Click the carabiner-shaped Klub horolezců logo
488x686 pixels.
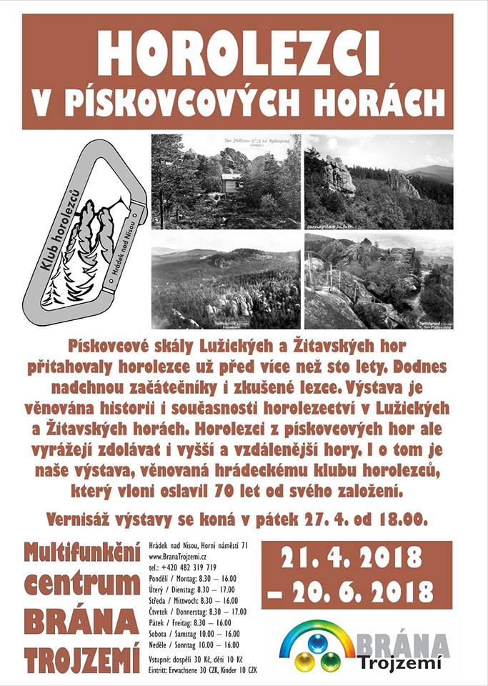pyautogui.click(x=84, y=232)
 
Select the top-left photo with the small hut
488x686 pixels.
pyautogui.click(x=226, y=182)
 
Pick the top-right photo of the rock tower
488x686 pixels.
pyautogui.click(x=378, y=182)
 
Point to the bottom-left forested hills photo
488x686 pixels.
pyautogui.click(x=226, y=280)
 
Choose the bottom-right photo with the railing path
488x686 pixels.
pyautogui.click(x=378, y=280)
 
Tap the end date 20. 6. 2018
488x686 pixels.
pyautogui.click(x=356, y=591)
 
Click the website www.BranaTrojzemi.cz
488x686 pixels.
pyautogui.click(x=182, y=557)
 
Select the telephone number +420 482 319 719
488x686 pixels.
pyautogui.click(x=181, y=567)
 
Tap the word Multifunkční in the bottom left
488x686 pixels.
pyautogui.click(x=81, y=552)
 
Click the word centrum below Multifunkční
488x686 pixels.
pyautogui.click(x=82, y=585)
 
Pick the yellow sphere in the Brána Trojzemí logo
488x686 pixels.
pyautogui.click(x=304, y=661)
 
